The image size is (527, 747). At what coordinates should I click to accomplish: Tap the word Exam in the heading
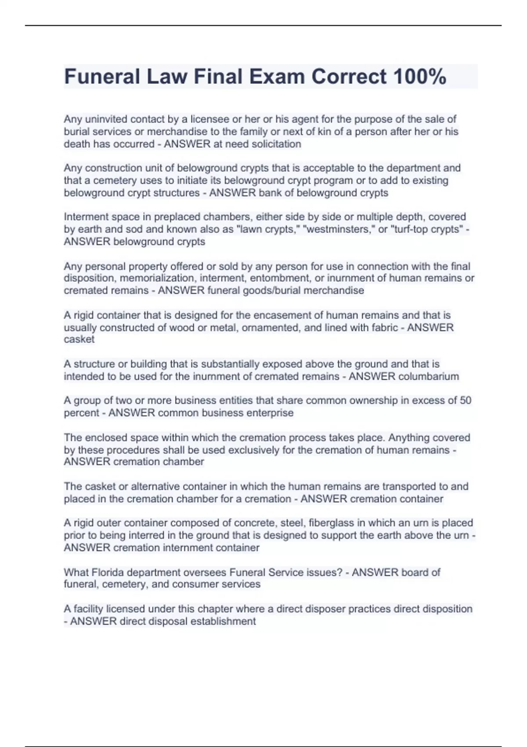point(277,76)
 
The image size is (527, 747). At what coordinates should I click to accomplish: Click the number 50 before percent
point(465,400)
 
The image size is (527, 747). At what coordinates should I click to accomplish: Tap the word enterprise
point(270,413)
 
